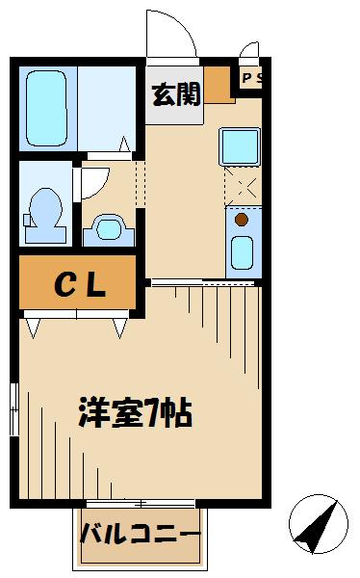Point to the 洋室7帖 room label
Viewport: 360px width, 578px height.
pyautogui.click(x=136, y=414)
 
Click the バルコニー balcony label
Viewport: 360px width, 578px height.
pyautogui.click(x=140, y=533)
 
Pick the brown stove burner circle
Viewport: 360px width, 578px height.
pyautogui.click(x=241, y=219)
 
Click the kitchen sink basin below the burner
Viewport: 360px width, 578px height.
pyautogui.click(x=241, y=252)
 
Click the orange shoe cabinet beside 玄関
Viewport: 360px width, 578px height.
pyautogui.click(x=220, y=86)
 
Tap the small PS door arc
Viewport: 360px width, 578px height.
pyautogui.click(x=249, y=51)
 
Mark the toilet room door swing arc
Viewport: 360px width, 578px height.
pyautogui.click(x=94, y=183)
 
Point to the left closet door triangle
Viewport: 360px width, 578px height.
pyautogui.click(x=33, y=328)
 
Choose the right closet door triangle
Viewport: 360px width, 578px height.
pyautogui.click(x=119, y=328)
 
